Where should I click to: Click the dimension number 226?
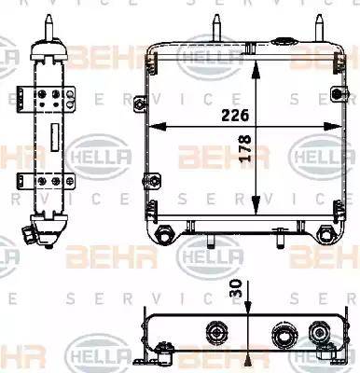pos(235,116)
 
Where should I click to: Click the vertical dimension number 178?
pos(245,148)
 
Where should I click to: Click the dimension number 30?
pos(236,288)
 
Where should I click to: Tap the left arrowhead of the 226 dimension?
pos(157,127)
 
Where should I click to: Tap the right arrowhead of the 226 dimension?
pos(333,127)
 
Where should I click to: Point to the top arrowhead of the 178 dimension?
pos(256,69)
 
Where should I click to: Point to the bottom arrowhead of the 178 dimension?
pos(256,206)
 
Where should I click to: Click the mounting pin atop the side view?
pos(48,27)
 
